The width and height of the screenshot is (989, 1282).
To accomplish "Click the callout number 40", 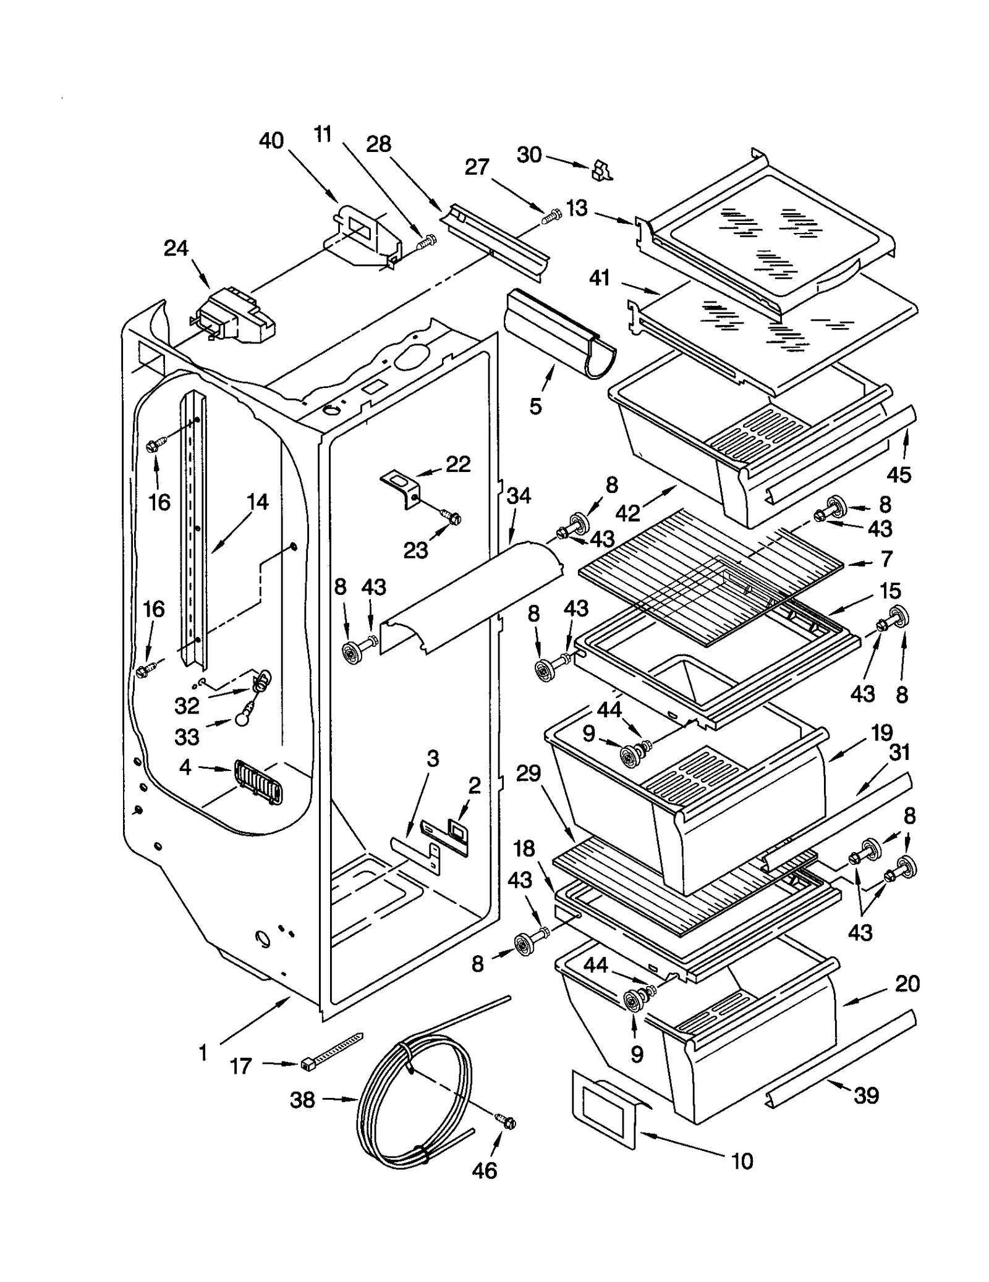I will [x=271, y=141].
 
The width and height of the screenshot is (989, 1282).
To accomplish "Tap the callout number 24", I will [x=176, y=248].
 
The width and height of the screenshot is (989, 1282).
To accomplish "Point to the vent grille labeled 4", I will [x=258, y=783].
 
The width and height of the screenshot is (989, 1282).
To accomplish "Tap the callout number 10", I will [x=742, y=1162].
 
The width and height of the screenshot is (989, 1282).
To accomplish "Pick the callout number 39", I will [x=865, y=1095].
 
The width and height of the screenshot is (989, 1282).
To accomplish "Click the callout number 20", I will [x=907, y=983].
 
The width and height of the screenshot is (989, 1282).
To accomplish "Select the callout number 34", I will [x=518, y=496].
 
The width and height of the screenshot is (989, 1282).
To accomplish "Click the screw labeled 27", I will [x=550, y=216].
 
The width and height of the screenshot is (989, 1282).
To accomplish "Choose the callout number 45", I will [x=899, y=474].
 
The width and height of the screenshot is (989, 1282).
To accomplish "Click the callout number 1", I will [x=203, y=1053].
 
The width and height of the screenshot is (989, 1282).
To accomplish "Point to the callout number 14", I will [x=257, y=502].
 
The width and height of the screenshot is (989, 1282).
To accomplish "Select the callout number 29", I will [x=528, y=773].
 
